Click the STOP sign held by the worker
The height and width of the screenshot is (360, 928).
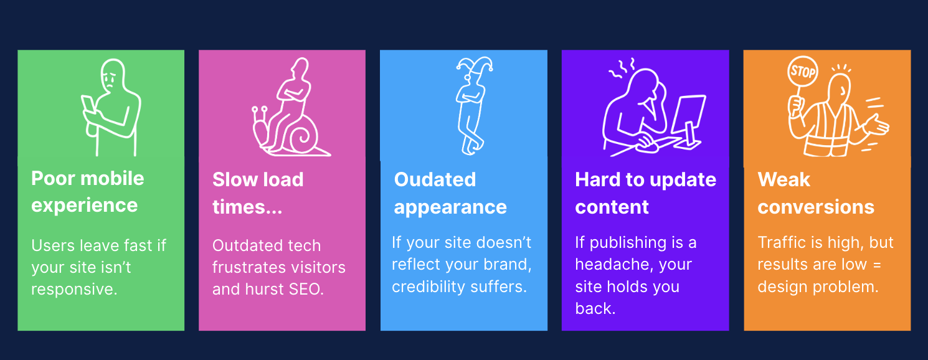(802, 71)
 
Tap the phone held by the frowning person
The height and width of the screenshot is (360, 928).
(88, 105)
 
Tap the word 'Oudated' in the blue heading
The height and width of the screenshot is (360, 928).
(435, 180)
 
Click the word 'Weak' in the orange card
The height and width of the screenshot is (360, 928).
(784, 180)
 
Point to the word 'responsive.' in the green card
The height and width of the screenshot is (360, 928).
(74, 289)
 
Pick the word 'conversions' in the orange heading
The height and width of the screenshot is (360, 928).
(816, 207)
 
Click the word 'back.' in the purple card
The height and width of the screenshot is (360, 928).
(595, 309)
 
